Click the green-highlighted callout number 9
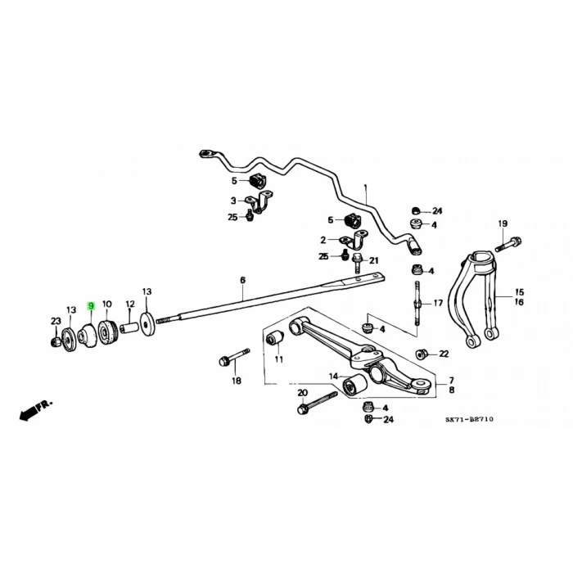tap(92, 305)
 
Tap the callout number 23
tap(56, 321)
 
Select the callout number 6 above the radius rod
tap(242, 281)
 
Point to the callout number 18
tap(236, 381)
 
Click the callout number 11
tap(278, 359)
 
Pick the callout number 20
tap(302, 393)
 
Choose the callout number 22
tap(444, 354)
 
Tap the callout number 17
tap(438, 303)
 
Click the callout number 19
tap(503, 223)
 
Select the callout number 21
tap(374, 260)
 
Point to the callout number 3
tap(232, 200)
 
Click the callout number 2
tap(323, 240)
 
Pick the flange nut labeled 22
tap(423, 354)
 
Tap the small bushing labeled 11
tap(277, 338)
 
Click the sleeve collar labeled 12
tap(129, 328)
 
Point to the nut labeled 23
tap(55, 341)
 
